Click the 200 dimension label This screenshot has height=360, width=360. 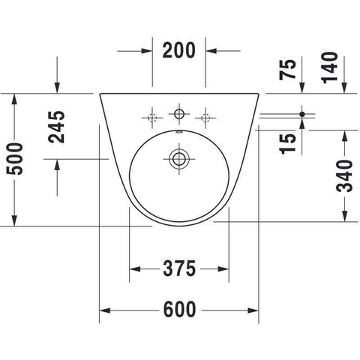click(178, 50)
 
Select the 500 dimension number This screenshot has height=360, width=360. click(14, 159)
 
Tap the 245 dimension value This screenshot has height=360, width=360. click(57, 127)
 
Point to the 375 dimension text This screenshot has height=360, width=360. click(179, 268)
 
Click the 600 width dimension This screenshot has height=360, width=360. click(179, 310)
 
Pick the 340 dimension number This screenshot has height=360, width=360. click(344, 176)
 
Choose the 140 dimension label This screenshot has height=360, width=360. click(330, 67)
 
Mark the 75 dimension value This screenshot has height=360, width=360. click(287, 69)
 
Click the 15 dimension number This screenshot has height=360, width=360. click(287, 144)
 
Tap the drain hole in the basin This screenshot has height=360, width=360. click(179, 158)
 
